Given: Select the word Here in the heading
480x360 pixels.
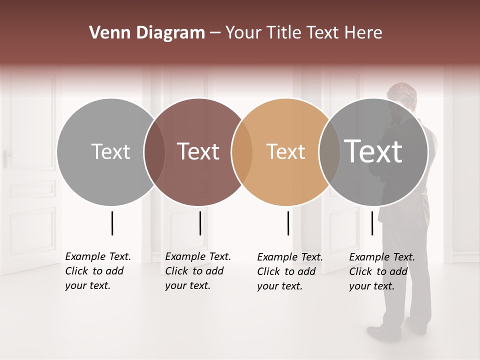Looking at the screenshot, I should pos(364,33).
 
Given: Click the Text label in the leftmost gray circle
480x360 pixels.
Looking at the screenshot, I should pos(110,152).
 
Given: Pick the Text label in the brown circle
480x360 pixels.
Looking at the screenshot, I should pos(198,152).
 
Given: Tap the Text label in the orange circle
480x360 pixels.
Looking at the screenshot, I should pos(285,152).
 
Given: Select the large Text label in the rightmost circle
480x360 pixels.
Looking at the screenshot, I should pos(373,151).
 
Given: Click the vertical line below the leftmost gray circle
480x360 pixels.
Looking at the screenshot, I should pos(112,223).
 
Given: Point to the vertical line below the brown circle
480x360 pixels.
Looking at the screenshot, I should pos(200,223).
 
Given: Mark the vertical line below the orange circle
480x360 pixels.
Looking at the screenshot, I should pos(288,223).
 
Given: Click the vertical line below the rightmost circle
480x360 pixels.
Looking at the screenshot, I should pos(372,223).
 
